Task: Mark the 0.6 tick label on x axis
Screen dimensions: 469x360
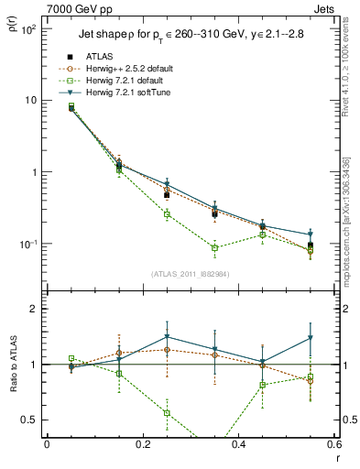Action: (x=334, y=444)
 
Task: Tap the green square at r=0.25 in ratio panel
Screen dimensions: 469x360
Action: (x=167, y=413)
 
